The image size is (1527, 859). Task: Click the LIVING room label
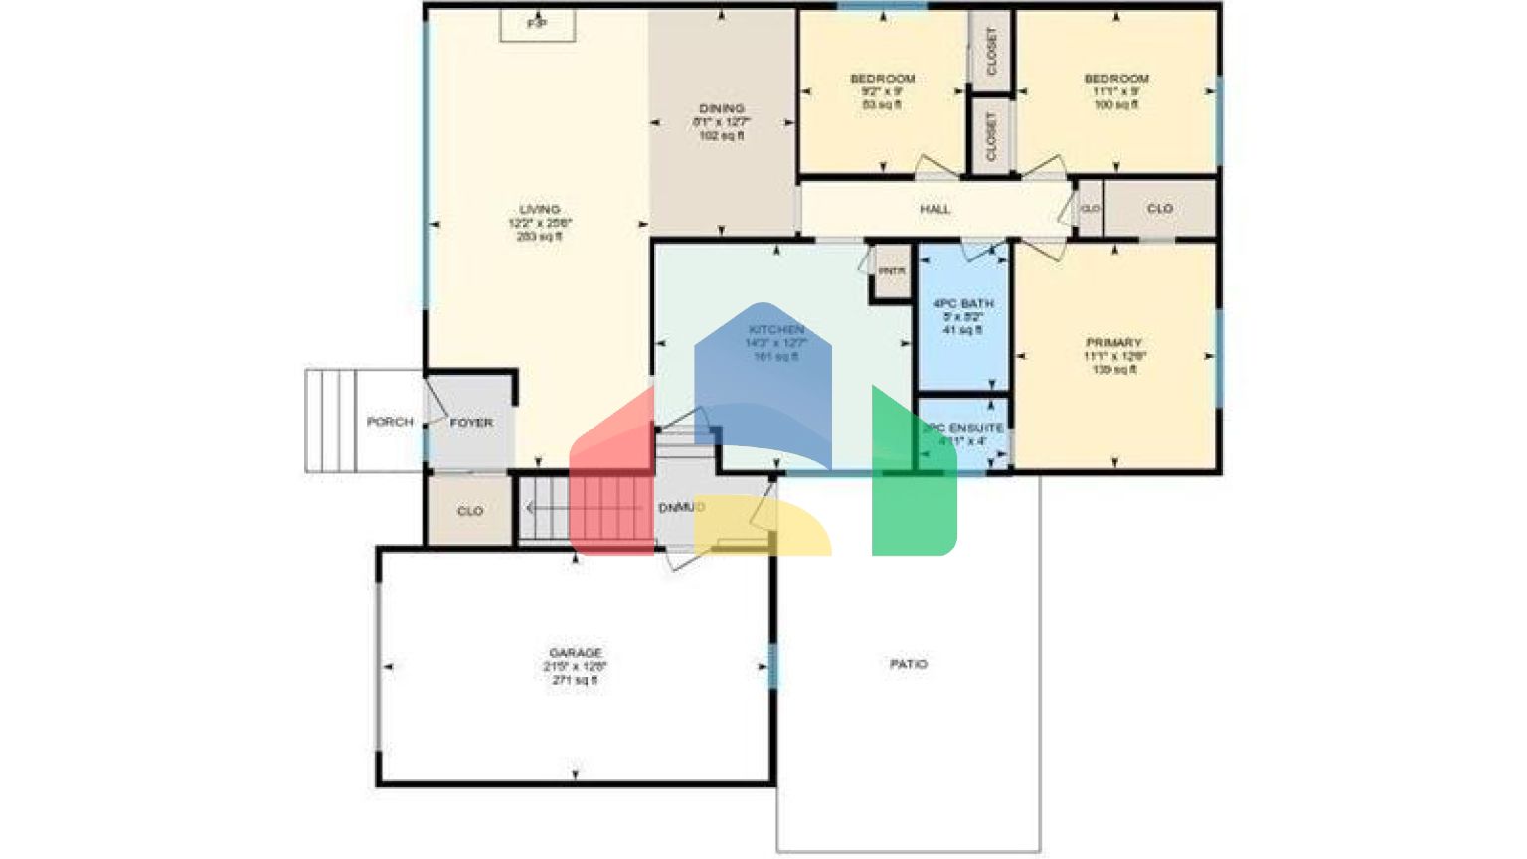[x=540, y=210]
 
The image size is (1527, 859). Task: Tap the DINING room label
[x=722, y=108]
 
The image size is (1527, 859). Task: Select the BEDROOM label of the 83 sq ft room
[x=883, y=79]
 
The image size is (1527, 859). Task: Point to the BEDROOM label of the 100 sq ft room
[x=1116, y=79]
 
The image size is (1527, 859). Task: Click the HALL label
[x=934, y=209]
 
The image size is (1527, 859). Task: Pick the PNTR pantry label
[x=892, y=271]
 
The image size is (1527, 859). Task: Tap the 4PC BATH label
[x=963, y=303]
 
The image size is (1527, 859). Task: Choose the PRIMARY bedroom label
[x=1113, y=343]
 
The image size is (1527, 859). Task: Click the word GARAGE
[x=576, y=653]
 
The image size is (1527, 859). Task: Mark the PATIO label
[x=909, y=664]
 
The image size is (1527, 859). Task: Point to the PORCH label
[x=390, y=422]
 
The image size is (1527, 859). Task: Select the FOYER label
[x=471, y=423]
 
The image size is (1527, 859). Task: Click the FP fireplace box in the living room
[x=537, y=23]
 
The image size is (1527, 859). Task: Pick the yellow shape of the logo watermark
[x=765, y=527]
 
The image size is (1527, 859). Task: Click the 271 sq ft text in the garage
[x=575, y=681]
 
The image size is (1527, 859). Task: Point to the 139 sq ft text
[x=1113, y=370]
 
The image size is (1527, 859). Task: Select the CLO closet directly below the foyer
[x=470, y=511]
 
